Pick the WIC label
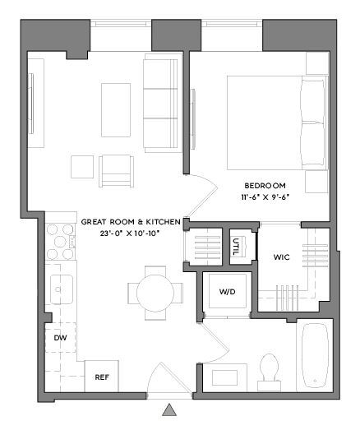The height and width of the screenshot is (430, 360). pos(282,257)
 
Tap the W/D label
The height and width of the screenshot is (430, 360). pos(227,293)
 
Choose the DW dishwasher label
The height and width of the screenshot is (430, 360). pos(60,338)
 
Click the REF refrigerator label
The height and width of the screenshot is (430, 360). pos(102,377)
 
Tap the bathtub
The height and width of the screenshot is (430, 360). pos(316,358)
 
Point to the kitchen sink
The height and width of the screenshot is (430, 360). pos(60,289)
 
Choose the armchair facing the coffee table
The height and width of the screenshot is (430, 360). pos(115,169)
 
